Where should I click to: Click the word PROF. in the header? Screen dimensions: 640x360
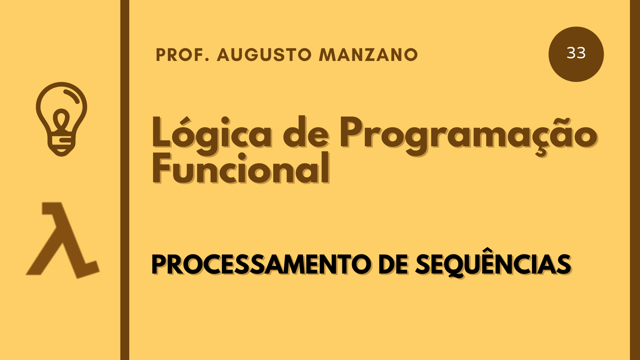(182, 55)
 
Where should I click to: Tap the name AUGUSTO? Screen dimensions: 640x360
(264, 55)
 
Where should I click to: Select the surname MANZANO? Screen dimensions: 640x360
(368, 55)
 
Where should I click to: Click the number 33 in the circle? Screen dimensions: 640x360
(576, 53)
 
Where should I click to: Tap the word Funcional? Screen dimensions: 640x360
(241, 168)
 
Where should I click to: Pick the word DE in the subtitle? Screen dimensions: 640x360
(393, 264)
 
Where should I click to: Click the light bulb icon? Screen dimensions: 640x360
(61, 119)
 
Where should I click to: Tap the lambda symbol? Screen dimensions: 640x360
(63, 240)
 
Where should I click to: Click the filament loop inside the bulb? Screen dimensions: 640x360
(61, 120)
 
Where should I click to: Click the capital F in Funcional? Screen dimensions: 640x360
(163, 167)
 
